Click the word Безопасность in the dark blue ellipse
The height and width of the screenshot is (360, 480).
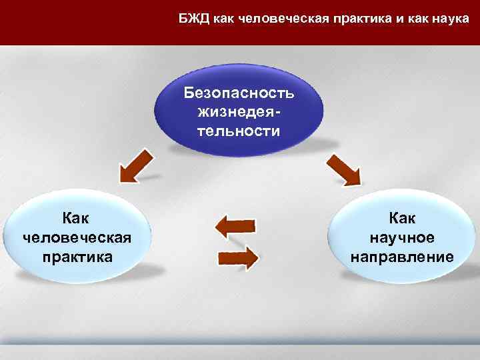tap(238, 92)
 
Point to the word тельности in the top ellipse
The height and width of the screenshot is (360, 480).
tap(238, 131)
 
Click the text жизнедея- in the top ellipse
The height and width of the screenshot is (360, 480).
tap(238, 111)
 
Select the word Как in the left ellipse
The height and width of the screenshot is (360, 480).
tap(76, 218)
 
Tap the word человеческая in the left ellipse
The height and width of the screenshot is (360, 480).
tap(76, 237)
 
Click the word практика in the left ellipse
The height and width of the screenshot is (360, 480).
tap(76, 257)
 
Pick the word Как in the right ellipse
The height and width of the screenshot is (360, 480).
tap(402, 218)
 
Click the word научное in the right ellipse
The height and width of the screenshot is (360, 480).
tap(402, 237)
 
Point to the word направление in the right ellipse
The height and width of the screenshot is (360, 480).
tap(402, 257)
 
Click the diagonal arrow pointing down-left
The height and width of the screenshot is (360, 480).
tap(136, 165)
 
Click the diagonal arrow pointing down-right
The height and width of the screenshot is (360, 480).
tap(343, 169)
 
